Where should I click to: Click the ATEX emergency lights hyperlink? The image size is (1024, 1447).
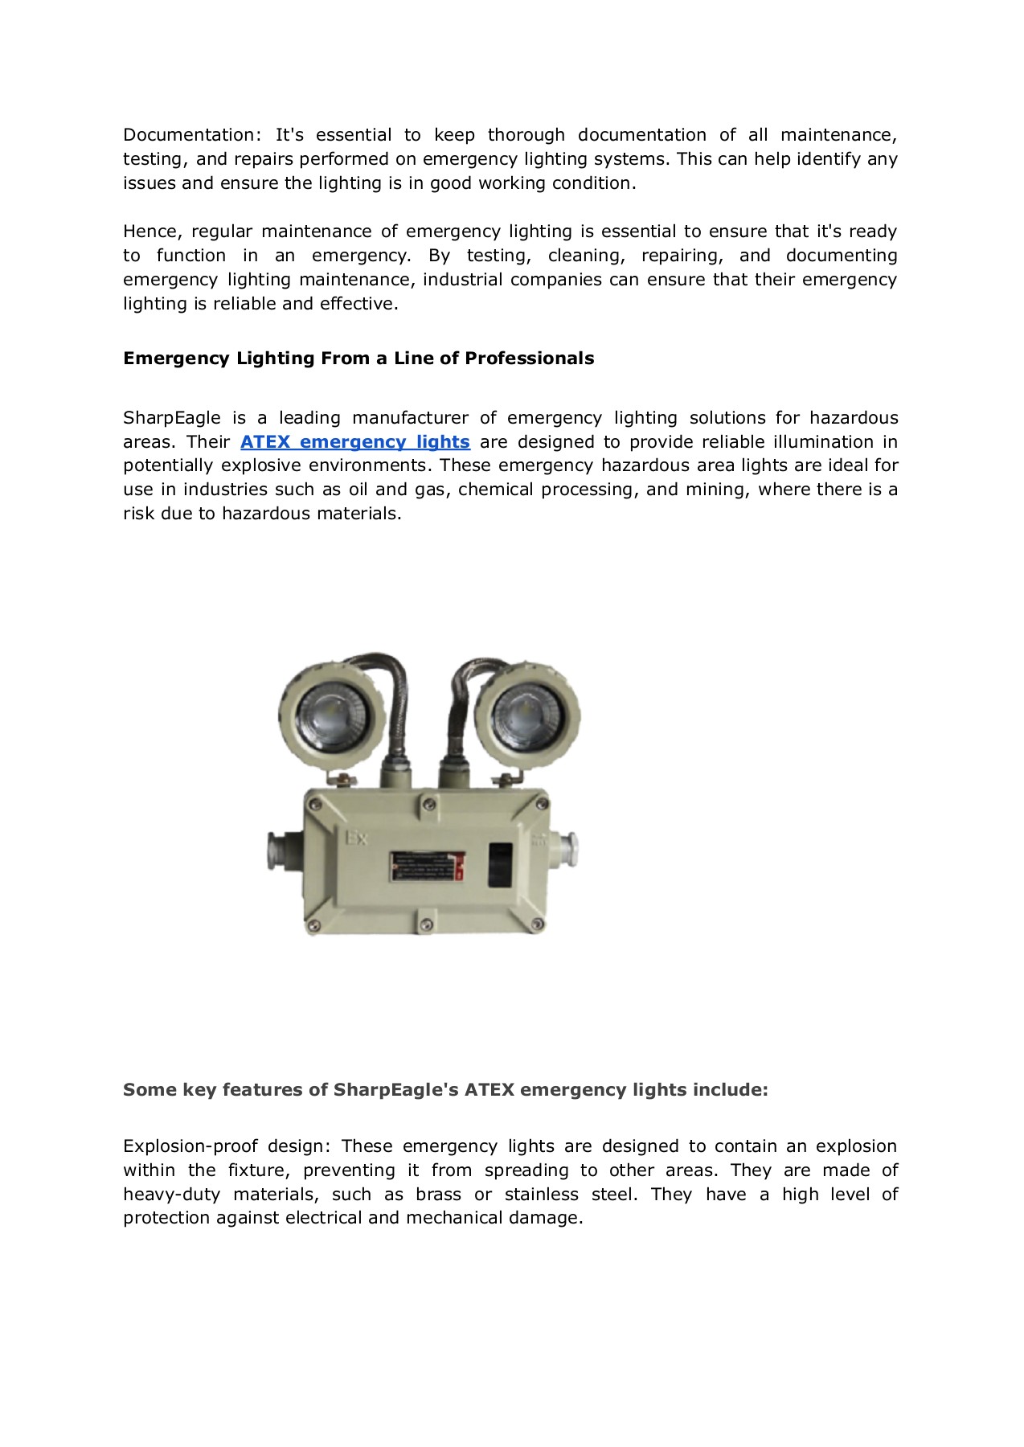point(354,442)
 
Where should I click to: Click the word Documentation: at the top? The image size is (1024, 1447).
point(192,135)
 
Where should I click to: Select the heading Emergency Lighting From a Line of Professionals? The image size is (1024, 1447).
point(358,359)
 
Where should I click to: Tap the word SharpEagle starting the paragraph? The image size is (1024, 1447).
point(171,418)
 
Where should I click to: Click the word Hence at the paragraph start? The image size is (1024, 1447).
point(152,232)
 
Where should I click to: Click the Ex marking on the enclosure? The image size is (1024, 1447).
point(356,838)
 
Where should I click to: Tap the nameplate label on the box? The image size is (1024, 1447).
point(427,868)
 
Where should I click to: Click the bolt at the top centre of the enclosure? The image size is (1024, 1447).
point(429,804)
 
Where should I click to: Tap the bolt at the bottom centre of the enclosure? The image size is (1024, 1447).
point(427,913)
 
